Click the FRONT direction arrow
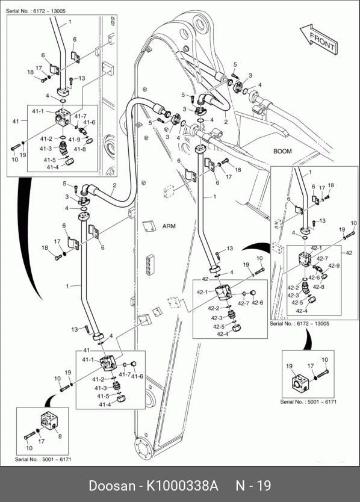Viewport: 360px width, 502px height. (319, 39)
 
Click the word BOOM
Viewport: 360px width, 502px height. (282, 151)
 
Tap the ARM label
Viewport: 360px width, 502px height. (169, 226)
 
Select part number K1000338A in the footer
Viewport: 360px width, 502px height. (182, 486)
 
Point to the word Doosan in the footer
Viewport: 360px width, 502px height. (112, 486)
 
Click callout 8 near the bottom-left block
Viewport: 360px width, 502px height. (60, 436)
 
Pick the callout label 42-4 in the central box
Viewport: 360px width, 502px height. (223, 334)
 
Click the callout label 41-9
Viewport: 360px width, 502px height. (74, 140)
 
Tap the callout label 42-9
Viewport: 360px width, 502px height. (334, 265)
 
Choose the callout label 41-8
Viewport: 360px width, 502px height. (79, 149)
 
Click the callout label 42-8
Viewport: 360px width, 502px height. (318, 287)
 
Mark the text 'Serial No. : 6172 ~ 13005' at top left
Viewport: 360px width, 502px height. (36, 11)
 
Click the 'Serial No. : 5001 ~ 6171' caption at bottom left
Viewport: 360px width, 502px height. (43, 459)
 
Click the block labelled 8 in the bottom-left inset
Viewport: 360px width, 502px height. (49, 421)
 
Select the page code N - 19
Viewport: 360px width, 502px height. (253, 486)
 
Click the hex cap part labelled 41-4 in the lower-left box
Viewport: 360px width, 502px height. (121, 399)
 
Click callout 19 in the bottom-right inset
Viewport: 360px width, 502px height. (289, 366)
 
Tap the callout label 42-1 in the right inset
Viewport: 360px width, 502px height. (316, 248)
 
